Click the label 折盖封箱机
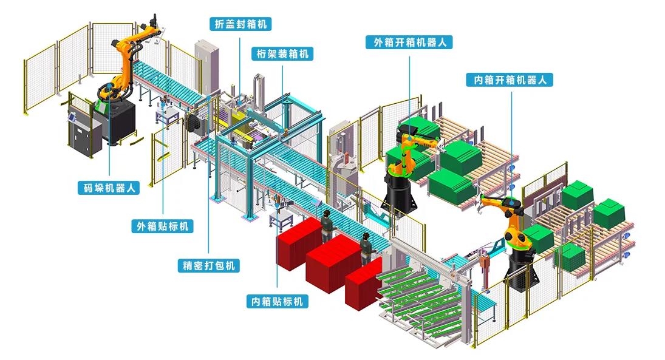tap(240, 24)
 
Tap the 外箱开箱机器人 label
tap(409, 42)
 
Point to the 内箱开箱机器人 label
tap(510, 80)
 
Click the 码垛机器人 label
tap(109, 188)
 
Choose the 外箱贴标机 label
tap(162, 226)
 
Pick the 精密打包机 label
tap(208, 265)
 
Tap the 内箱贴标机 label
tap(278, 301)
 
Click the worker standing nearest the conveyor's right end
tap(365, 248)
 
